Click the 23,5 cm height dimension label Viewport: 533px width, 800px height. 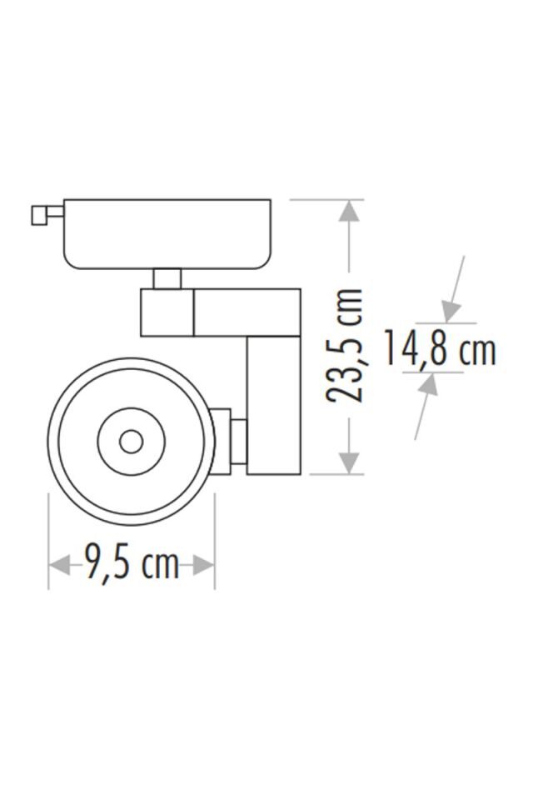(345, 345)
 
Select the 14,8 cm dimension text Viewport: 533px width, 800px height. (439, 349)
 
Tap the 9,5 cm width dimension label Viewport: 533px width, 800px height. (132, 565)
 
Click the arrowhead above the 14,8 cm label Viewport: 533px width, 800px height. (451, 312)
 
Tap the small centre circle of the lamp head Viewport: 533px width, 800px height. (131, 442)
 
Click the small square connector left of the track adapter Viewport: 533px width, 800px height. (39, 215)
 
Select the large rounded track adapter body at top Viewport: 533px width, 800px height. (167, 233)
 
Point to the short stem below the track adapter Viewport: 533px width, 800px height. (167, 278)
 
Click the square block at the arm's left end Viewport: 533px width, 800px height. (167, 312)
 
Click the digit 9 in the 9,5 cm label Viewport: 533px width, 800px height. (95, 565)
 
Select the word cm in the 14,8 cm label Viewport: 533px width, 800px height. (477, 350)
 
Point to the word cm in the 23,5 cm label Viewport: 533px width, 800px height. (345, 307)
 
